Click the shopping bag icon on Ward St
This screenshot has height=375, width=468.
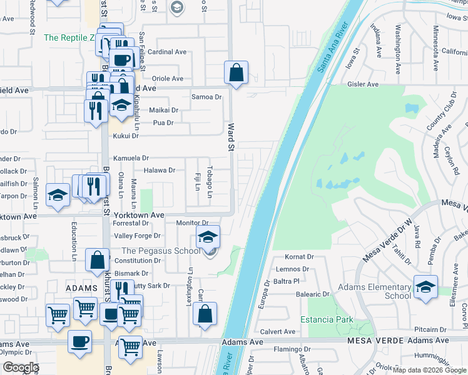(x=237, y=73)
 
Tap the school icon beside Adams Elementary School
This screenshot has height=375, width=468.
(x=425, y=287)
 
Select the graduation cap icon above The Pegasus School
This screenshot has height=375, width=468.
(x=208, y=237)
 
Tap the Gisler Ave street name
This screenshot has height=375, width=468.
(x=364, y=84)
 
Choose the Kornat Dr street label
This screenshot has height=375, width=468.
(x=299, y=257)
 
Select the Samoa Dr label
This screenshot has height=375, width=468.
(x=206, y=97)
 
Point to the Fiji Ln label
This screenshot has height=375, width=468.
(x=196, y=182)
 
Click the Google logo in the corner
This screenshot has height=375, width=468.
(x=21, y=367)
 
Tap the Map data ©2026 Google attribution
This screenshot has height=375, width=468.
(x=429, y=370)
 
